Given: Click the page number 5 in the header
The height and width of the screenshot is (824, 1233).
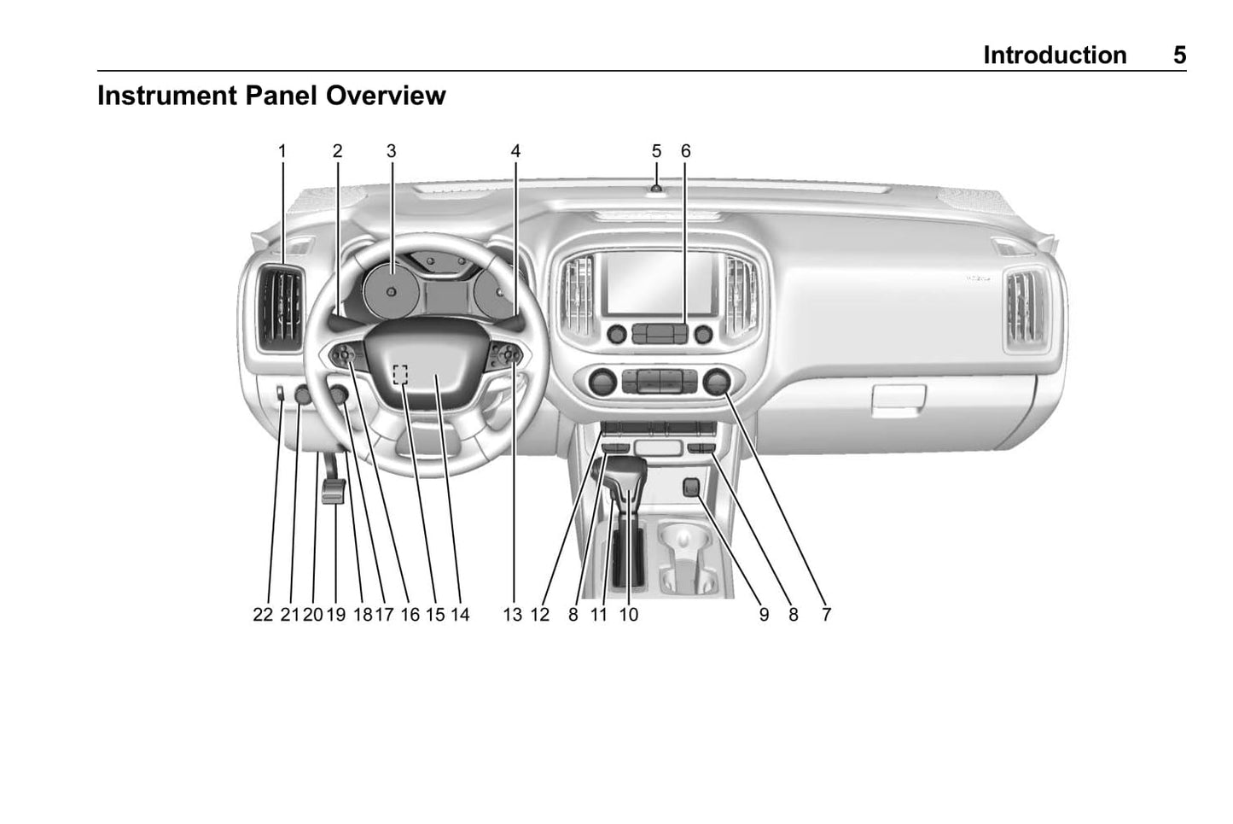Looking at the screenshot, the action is (1179, 56).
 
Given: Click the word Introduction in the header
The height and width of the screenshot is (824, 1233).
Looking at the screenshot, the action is (1055, 56).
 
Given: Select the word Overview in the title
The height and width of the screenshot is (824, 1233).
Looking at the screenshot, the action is (386, 96).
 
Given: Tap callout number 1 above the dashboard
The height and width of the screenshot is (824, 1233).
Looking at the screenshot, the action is (282, 151).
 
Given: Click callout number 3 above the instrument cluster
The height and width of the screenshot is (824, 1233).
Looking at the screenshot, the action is (392, 151).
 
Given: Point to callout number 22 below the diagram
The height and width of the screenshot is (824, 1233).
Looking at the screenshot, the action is (263, 614).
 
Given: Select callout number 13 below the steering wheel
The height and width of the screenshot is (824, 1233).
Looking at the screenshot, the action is (513, 614).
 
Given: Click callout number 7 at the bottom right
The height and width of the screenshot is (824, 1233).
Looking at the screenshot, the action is (826, 614).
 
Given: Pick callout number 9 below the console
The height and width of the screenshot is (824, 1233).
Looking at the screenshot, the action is (764, 614).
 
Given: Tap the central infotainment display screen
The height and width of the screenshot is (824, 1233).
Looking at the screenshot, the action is (660, 283).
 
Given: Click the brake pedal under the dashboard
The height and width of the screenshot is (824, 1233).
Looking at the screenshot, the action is (334, 491).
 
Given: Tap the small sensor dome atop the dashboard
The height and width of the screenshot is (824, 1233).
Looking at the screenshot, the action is (656, 189).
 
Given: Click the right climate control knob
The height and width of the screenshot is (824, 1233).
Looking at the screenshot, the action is (717, 383).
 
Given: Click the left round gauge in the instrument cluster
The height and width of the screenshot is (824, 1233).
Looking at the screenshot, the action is (391, 290).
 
